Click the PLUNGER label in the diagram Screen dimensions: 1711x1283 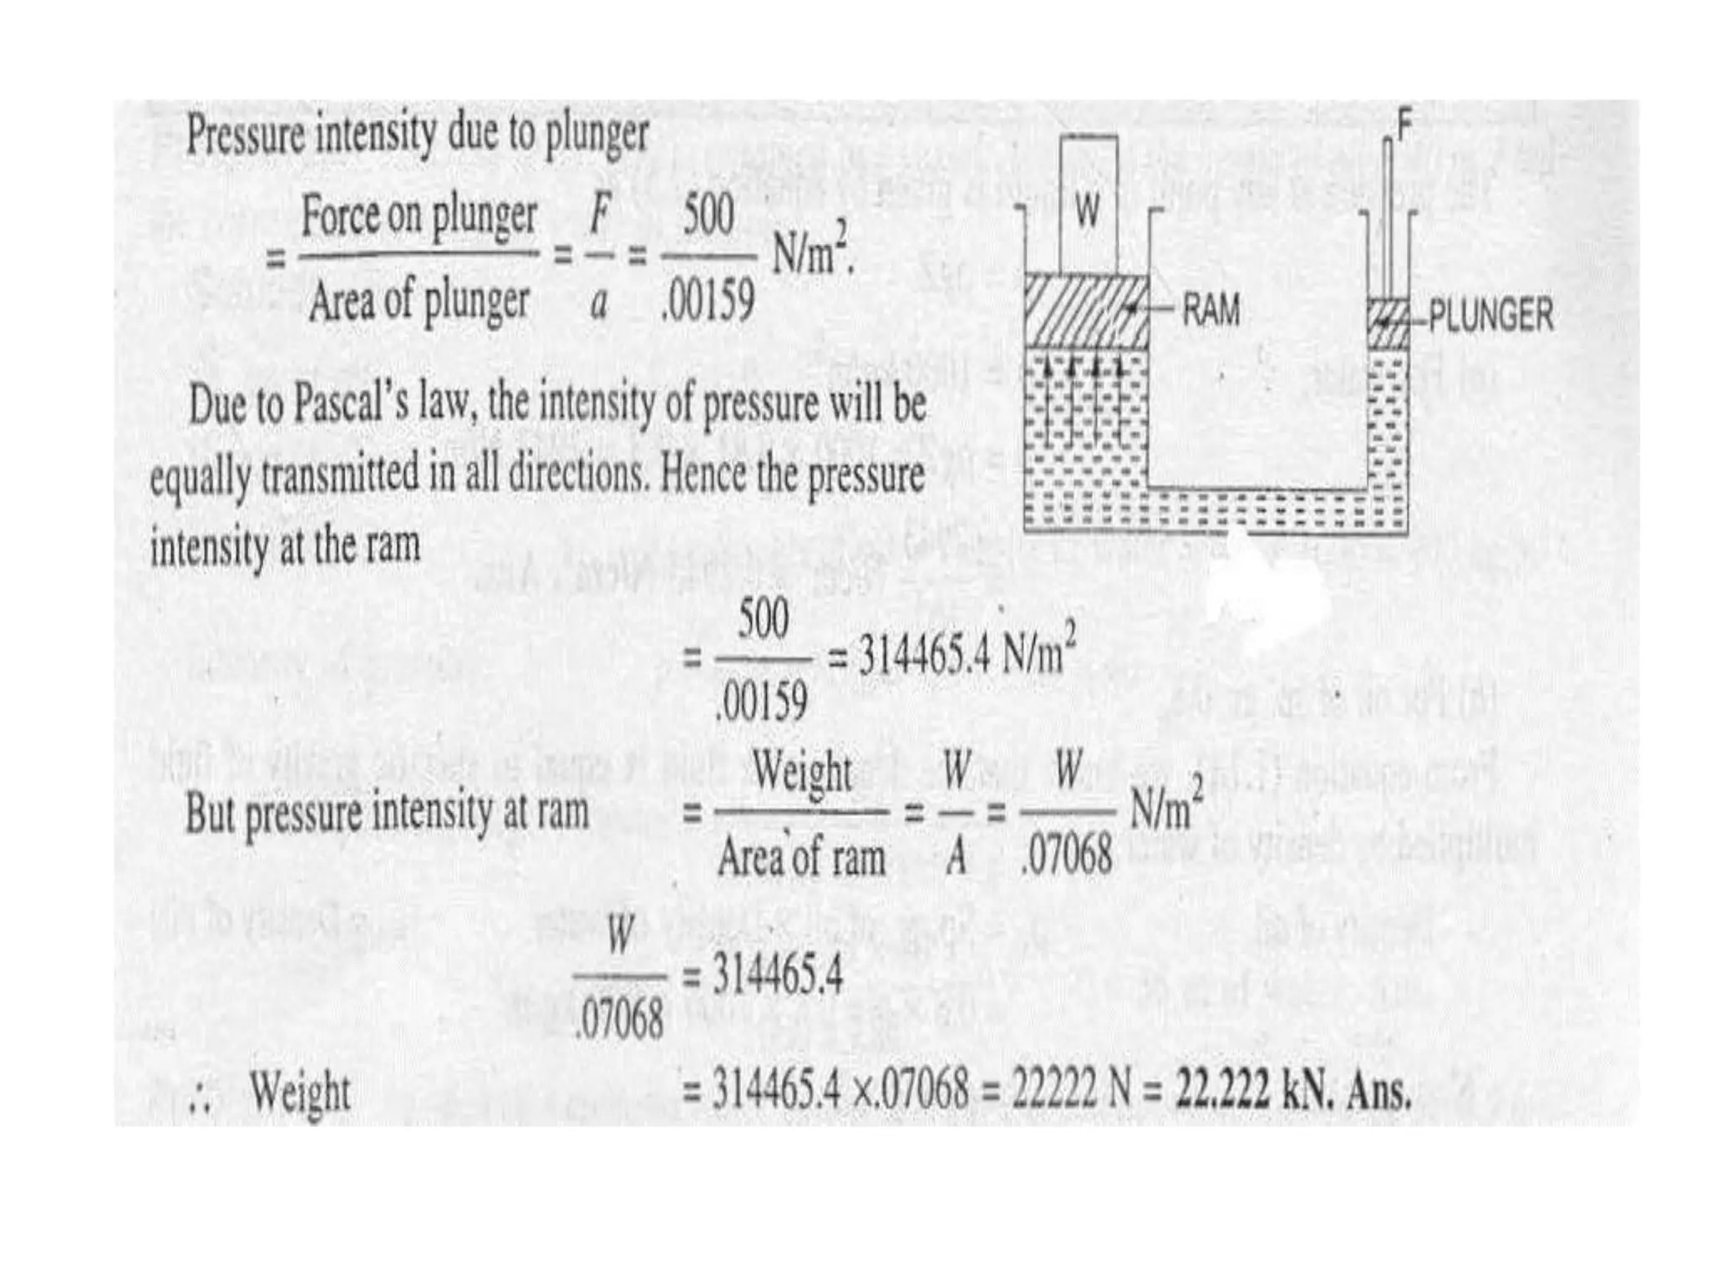[x=1490, y=316]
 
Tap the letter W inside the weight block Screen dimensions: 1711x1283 [x=1087, y=212]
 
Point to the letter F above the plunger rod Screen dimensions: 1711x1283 [x=1404, y=129]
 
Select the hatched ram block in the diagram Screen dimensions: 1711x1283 [x=1086, y=309]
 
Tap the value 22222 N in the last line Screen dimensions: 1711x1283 [x=1066, y=1090]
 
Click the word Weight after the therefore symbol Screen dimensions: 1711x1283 [x=301, y=1093]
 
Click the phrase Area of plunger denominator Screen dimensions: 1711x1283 [x=419, y=302]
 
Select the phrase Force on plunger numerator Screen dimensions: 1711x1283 [x=419, y=216]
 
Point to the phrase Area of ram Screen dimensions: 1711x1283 [x=801, y=856]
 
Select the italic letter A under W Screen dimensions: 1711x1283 [x=957, y=856]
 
